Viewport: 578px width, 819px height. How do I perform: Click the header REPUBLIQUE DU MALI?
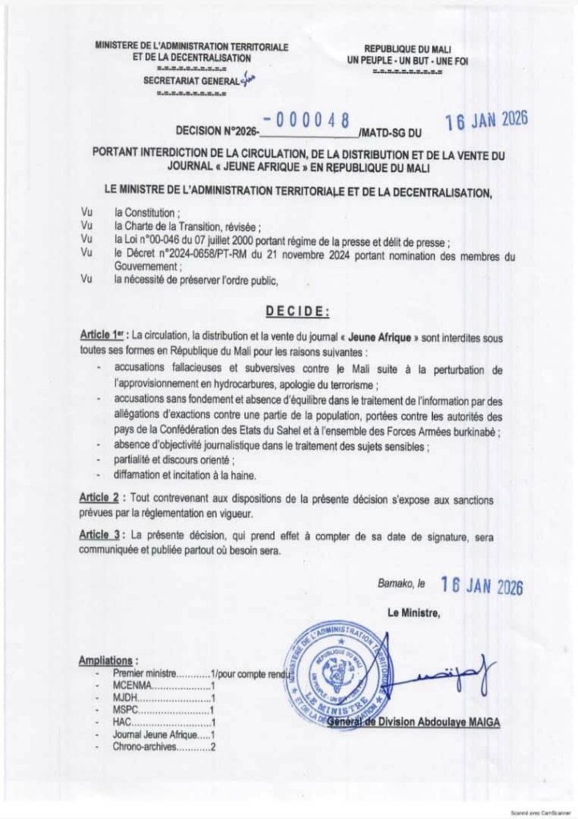408,50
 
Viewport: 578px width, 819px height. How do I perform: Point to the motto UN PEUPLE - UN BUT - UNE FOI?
407,61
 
